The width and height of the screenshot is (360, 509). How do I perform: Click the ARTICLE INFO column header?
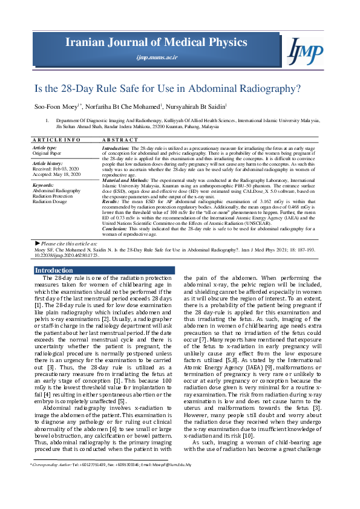click(56, 140)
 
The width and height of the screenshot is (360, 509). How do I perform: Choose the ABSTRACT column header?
click(118, 140)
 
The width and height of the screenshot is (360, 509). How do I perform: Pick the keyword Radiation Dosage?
click(50, 201)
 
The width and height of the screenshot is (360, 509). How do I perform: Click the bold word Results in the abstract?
click(111, 201)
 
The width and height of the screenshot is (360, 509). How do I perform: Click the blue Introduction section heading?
click(54, 270)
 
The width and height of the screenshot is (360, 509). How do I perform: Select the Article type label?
click(45, 148)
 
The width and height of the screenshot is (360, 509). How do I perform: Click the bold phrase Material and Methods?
click(125, 180)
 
